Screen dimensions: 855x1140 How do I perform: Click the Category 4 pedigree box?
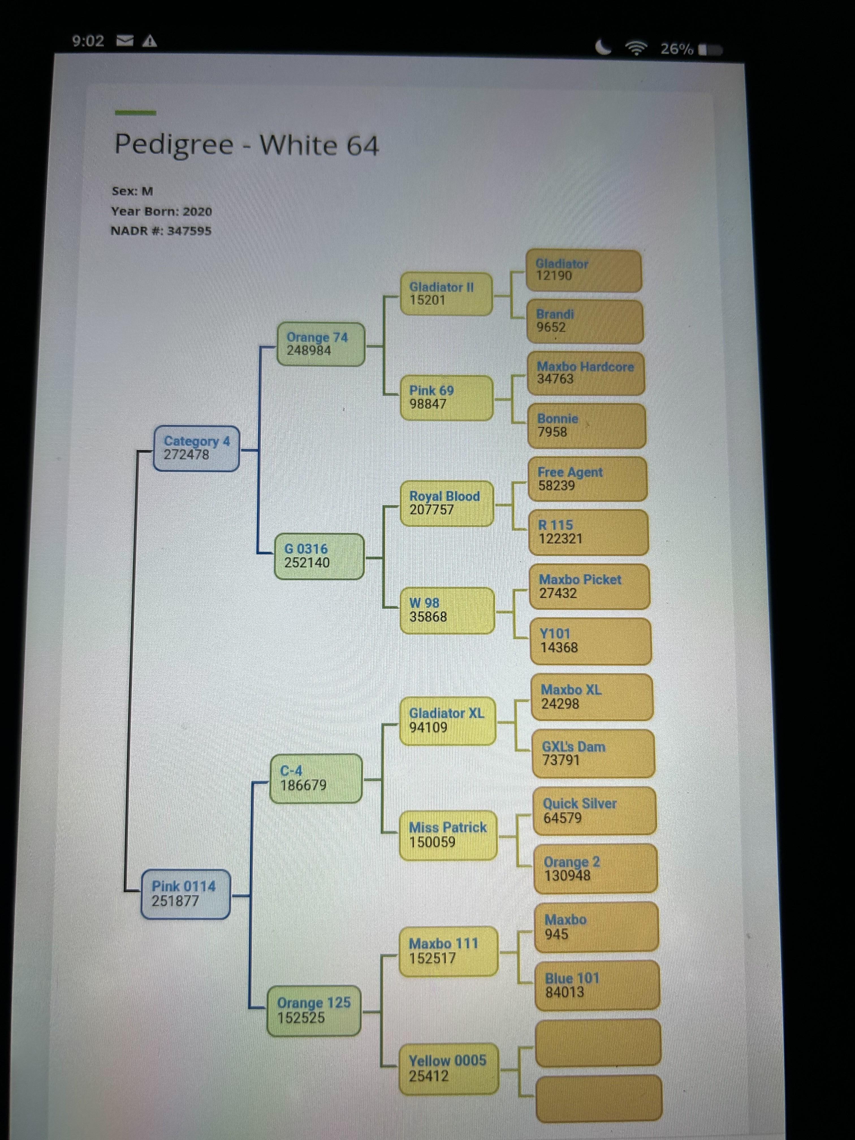click(x=196, y=448)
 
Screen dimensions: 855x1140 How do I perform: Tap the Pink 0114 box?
click(x=185, y=893)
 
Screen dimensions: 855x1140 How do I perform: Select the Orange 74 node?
click(x=321, y=344)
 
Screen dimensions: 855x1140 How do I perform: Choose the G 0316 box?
click(x=319, y=556)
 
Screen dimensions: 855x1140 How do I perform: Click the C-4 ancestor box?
click(x=316, y=778)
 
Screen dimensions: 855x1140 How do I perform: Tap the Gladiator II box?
click(x=446, y=293)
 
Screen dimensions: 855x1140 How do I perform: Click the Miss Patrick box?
click(x=448, y=834)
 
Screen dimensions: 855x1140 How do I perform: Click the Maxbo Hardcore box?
click(x=586, y=373)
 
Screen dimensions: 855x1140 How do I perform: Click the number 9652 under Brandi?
click(x=551, y=327)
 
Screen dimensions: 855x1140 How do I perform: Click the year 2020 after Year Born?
click(x=197, y=211)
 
